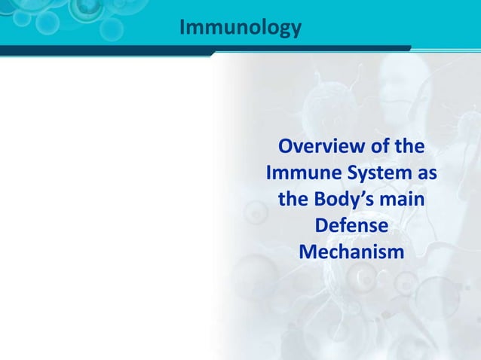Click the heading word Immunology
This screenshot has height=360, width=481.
pos(240,28)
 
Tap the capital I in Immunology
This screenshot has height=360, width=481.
pos(182,27)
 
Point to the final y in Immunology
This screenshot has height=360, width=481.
pos(296,31)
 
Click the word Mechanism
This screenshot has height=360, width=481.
pos(351,252)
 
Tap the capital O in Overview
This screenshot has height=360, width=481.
pos(286,146)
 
